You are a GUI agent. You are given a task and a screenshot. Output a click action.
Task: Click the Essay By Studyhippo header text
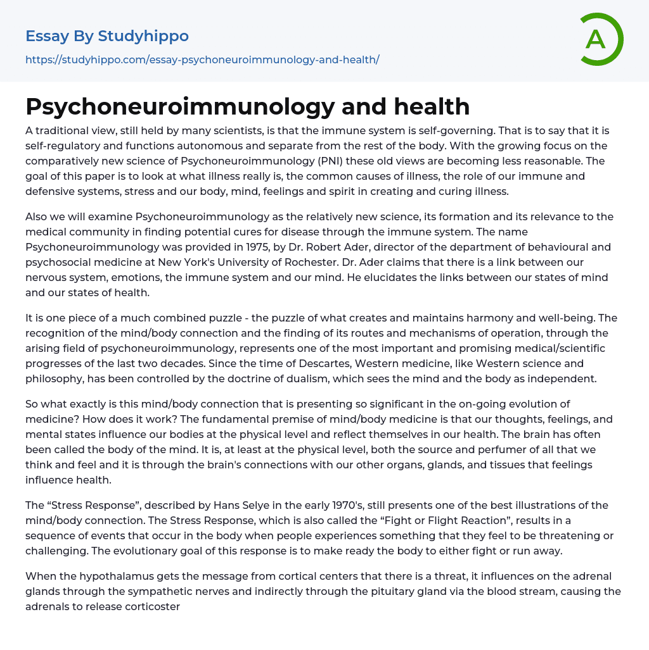[x=107, y=36]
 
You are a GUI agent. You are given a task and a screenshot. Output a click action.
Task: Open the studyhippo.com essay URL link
[x=202, y=59]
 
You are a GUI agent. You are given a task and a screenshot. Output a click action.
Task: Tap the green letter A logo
[x=596, y=39]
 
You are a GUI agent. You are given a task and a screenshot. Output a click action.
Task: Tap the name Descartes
[x=349, y=363]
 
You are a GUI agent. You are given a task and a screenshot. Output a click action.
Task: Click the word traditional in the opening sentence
[x=63, y=130]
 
